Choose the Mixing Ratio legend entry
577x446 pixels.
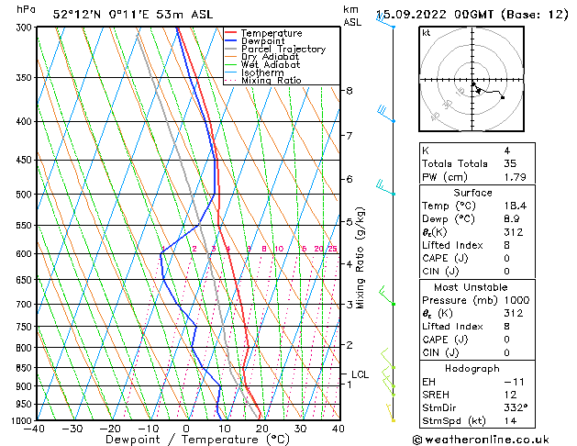[x=272, y=81]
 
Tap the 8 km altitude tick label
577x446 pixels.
[x=349, y=91]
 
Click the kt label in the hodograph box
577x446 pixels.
[x=426, y=33]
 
